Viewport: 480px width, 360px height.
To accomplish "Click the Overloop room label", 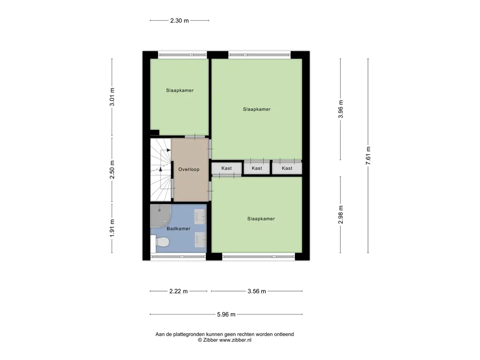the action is click(x=189, y=169).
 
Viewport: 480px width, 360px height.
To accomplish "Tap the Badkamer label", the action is click(x=179, y=229).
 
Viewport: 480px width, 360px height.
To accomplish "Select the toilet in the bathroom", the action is click(x=160, y=242).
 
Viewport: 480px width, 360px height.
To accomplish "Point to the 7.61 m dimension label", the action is click(x=368, y=156).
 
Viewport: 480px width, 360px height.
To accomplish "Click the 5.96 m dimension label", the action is click(x=226, y=315).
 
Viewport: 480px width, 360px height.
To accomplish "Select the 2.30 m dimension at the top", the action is click(x=180, y=21).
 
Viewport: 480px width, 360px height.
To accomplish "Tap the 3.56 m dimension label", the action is click(x=256, y=291).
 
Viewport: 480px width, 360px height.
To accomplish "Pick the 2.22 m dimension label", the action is click(x=179, y=291).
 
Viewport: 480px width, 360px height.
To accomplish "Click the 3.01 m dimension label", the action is click(x=112, y=97).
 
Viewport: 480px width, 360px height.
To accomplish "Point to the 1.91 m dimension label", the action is click(x=112, y=228).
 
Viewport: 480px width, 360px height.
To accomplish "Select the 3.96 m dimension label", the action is click(x=341, y=109).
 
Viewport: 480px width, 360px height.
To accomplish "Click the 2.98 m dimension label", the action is click(x=341, y=215).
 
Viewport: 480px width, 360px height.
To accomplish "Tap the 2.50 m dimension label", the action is click(x=112, y=170).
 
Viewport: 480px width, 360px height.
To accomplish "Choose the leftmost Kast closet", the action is click(x=226, y=168).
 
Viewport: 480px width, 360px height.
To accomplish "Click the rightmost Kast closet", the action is click(x=287, y=168).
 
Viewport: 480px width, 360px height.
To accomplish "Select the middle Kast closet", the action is click(x=257, y=168).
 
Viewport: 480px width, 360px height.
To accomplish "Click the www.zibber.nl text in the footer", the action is click(x=235, y=340).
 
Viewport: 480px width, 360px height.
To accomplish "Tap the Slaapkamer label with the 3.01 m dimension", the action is click(x=180, y=90).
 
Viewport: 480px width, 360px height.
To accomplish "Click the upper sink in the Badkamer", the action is click(x=200, y=217).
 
